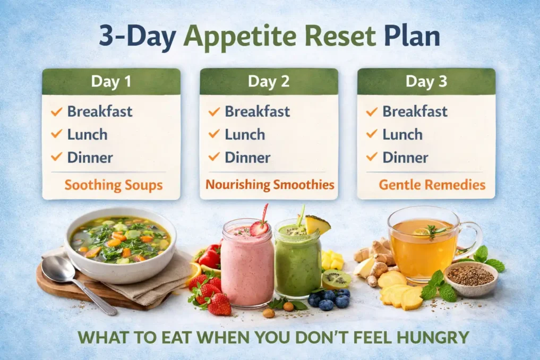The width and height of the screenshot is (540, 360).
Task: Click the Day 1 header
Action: point(111,82)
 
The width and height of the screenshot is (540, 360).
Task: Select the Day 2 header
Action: point(269,82)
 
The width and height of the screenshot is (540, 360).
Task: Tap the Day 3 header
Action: point(426,82)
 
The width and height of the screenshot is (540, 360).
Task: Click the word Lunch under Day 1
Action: point(87,134)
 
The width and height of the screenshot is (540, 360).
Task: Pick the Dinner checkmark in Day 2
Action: point(214,157)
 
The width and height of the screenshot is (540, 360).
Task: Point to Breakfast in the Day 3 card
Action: point(415,112)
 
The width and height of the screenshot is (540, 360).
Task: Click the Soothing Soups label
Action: point(113,185)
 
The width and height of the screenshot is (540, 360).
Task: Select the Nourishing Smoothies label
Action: point(270,185)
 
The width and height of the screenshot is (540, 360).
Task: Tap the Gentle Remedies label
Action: point(432,185)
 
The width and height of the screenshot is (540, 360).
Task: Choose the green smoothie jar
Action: point(298,263)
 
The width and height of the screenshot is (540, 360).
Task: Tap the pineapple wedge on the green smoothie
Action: point(317,225)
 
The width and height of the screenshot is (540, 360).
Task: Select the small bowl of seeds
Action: point(470,277)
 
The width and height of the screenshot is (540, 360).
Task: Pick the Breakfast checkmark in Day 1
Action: point(56,112)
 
